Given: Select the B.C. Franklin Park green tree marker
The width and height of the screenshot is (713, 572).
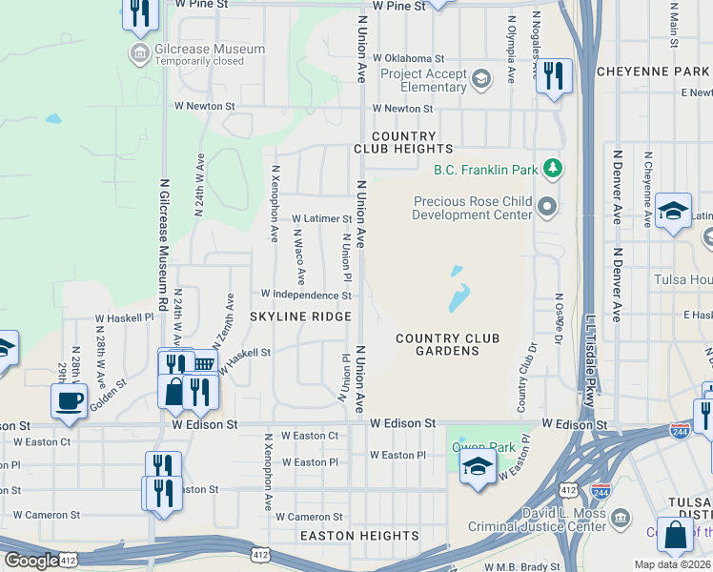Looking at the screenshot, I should [x=552, y=170].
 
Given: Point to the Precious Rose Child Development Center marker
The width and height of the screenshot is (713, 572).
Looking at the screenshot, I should [x=546, y=205].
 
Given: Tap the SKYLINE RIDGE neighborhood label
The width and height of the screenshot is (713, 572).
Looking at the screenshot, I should [x=300, y=316].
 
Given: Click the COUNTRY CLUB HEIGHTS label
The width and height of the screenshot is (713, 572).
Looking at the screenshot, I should [x=403, y=143].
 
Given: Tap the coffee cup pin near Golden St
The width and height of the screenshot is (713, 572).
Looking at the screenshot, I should [x=68, y=401].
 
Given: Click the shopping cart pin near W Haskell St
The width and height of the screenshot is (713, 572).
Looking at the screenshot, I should [x=202, y=363].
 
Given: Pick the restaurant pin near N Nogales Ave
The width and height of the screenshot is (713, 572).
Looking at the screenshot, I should [x=554, y=75].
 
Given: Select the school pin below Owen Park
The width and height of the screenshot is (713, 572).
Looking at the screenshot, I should [x=477, y=466].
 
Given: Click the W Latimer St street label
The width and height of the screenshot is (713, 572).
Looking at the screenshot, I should [x=321, y=218].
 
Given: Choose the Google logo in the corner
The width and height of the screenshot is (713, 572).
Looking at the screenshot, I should [x=31, y=561].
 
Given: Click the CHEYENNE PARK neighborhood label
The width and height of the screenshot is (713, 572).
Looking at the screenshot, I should [x=652, y=71].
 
